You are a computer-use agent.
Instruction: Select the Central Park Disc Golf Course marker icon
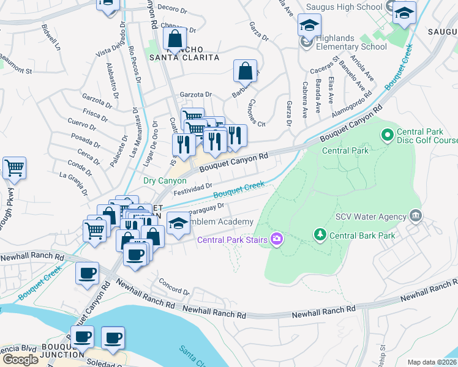click(x=387, y=133)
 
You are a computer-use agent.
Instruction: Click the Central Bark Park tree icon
click(x=319, y=235)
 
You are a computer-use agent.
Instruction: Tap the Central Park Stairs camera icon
click(x=277, y=239)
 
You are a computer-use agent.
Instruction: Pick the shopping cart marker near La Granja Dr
click(x=14, y=168)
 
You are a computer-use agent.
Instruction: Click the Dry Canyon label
click(x=165, y=181)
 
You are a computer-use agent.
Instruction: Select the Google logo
click(x=20, y=360)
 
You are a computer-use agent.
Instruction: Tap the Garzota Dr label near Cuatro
click(x=195, y=95)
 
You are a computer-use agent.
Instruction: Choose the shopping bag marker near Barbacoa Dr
click(x=245, y=72)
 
